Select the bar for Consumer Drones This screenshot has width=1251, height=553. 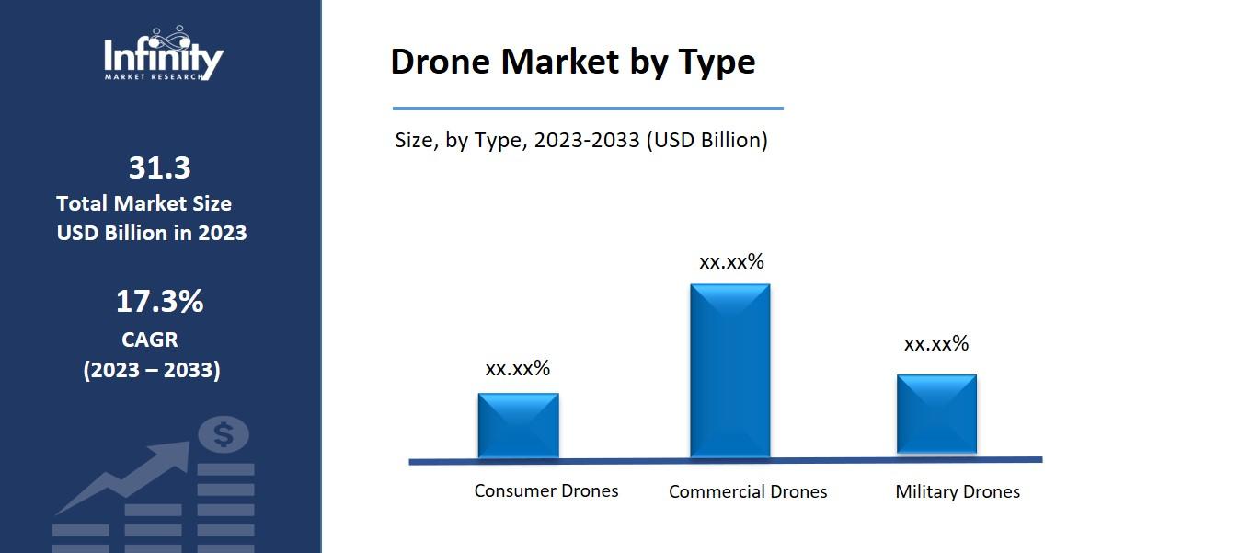click(518, 425)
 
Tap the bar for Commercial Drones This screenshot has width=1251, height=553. click(729, 370)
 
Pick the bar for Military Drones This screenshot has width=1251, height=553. click(936, 414)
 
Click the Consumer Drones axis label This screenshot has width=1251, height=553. click(545, 490)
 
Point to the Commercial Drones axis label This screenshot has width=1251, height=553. click(747, 491)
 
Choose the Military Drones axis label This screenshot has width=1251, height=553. click(957, 491)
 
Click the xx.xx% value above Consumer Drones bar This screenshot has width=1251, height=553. click(517, 368)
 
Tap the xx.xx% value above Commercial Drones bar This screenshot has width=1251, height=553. click(731, 261)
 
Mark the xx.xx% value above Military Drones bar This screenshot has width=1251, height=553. click(935, 343)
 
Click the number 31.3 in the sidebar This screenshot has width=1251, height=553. click(159, 167)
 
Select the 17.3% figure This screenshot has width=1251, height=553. click(159, 301)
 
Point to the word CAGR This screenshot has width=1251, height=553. click(150, 340)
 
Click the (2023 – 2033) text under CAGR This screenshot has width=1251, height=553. click(152, 370)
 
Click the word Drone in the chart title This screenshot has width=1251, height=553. click(440, 62)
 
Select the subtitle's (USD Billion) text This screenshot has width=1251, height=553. click(706, 140)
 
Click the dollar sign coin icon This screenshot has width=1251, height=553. click(224, 433)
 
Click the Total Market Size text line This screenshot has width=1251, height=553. click(143, 203)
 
